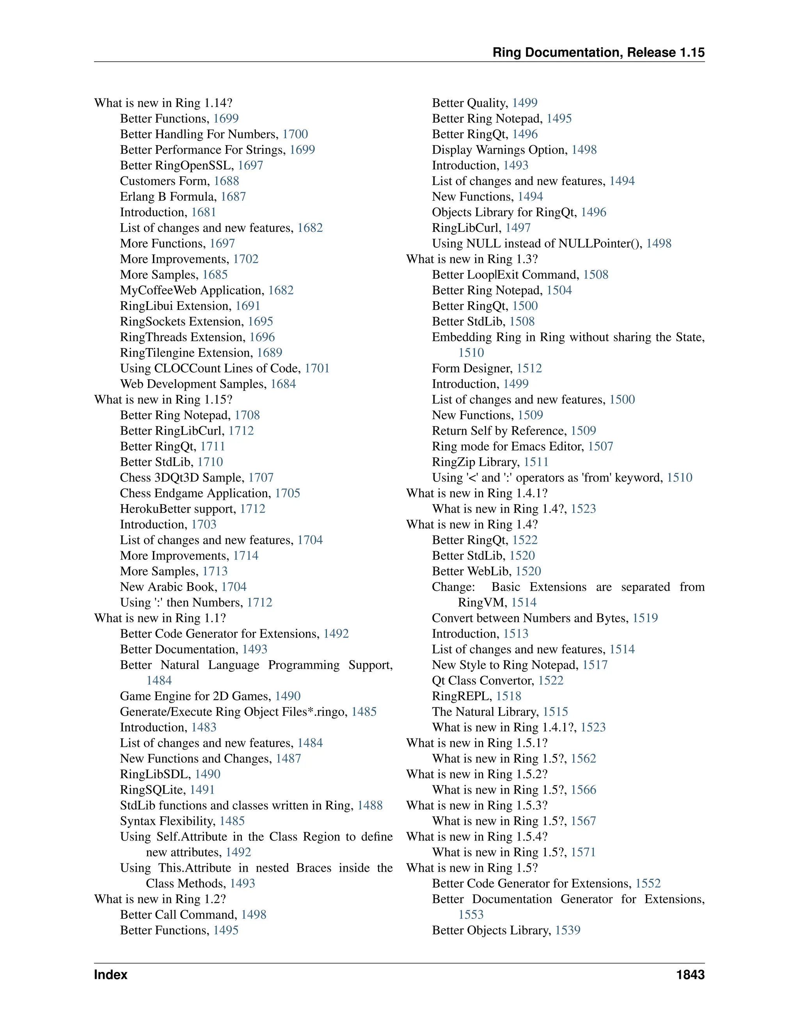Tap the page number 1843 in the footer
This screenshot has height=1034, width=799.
pos(690,974)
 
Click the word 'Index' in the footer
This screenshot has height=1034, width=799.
pos(111,974)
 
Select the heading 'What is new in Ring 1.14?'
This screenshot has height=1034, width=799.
pos(163,103)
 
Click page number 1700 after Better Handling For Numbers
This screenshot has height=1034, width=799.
pos(295,134)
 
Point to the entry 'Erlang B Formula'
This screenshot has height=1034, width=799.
pos(168,197)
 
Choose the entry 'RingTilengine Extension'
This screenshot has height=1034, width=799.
pos(186,353)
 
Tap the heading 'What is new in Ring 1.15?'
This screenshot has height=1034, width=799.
pos(163,400)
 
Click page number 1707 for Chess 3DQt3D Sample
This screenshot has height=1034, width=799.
pos(261,478)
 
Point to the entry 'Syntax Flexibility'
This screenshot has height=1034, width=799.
pos(167,821)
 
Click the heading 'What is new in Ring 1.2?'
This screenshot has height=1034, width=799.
pos(160,899)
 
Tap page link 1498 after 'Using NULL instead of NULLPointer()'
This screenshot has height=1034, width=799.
pos(659,243)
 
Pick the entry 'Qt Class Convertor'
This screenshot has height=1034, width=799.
pos(483,680)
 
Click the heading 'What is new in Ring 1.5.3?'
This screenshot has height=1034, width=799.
pos(477,805)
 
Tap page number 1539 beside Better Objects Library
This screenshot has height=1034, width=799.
pos(568,930)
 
